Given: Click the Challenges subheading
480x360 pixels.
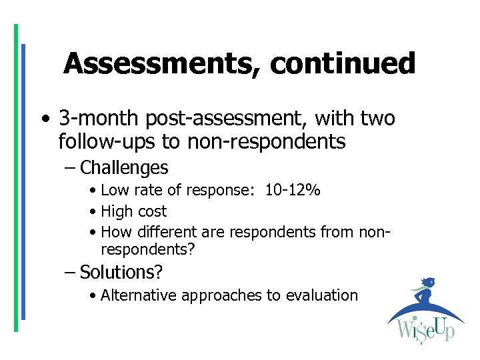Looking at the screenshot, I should pos(124,167).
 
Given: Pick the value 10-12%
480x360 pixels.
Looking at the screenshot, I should pos(293,191).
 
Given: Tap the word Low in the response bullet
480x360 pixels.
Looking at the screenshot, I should pos(114,191).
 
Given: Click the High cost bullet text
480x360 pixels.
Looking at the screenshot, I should pos(133,212).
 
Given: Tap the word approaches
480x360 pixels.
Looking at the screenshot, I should pos(221,295).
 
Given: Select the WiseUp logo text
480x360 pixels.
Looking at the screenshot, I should pos(425,331).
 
